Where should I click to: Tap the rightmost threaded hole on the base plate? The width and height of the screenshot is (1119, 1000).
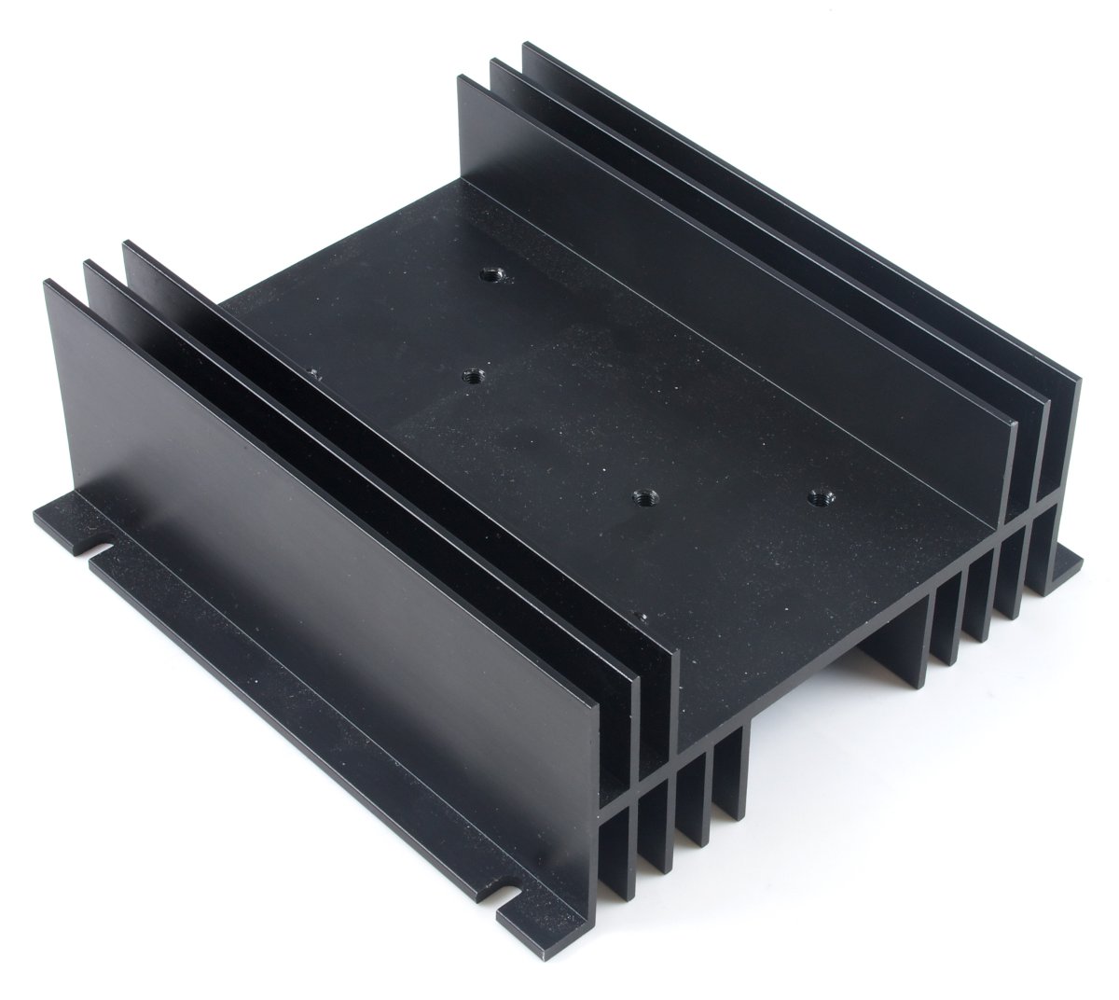(819, 496)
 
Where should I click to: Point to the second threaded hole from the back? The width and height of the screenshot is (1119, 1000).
(474, 377)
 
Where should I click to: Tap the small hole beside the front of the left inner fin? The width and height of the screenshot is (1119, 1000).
(641, 616)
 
